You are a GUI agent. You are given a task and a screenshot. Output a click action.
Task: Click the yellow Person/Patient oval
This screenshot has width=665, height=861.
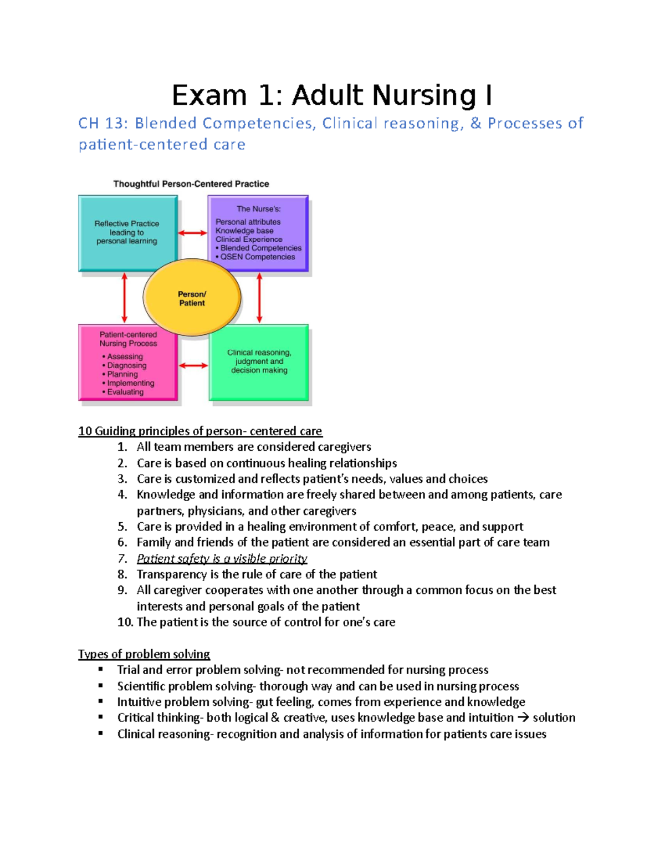192,298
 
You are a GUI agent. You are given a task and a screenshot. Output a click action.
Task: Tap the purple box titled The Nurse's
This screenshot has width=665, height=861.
258,233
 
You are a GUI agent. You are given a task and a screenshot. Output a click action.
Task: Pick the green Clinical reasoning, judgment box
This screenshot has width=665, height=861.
259,362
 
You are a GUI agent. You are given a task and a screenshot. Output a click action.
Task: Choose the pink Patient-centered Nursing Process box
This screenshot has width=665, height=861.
128,363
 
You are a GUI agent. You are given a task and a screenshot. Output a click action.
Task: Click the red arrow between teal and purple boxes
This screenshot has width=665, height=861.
192,233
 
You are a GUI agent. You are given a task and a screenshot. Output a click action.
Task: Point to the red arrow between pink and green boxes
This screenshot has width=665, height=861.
193,365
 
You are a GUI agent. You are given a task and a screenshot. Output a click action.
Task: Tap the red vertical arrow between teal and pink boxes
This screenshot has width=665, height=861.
124,298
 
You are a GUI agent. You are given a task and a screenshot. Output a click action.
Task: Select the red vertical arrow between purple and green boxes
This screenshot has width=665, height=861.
259,298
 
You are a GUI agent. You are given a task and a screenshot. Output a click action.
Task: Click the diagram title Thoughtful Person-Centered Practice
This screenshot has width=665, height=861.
191,184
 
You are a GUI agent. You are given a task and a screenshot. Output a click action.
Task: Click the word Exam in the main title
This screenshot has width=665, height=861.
209,95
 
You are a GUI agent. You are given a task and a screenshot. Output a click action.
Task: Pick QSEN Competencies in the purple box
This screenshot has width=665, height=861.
258,257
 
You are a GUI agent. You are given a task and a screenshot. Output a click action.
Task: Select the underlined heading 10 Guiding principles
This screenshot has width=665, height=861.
200,431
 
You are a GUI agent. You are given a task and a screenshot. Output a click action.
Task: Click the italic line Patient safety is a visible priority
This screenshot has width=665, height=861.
222,558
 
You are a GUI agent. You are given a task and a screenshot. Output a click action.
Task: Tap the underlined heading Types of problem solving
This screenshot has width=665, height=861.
144,654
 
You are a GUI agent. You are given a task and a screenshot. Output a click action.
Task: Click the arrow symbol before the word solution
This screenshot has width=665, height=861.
523,718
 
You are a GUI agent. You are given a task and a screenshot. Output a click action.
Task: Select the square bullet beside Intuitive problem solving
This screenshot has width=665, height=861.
101,701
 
